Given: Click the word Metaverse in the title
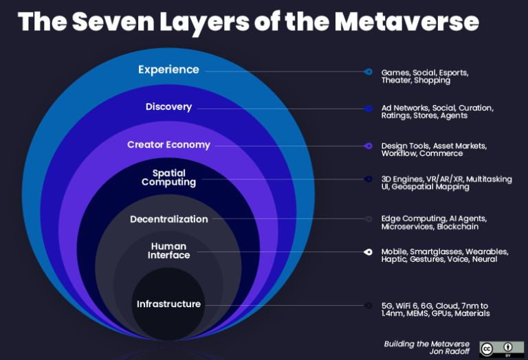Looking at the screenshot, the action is (406, 22).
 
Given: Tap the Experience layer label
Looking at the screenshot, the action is (168, 70).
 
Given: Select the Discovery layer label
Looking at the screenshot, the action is (168, 106).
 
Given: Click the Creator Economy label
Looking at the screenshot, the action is (168, 145).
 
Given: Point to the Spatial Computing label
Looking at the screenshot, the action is (168, 177).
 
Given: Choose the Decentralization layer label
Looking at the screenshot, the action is (169, 219).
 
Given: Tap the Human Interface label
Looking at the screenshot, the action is (168, 251).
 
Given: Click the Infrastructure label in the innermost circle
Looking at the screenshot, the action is (168, 304).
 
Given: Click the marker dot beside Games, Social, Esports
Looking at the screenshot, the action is (368, 71).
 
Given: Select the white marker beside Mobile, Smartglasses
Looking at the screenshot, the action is (368, 251).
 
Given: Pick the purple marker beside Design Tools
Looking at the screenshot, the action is (368, 146).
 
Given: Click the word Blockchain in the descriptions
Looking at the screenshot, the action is (458, 227).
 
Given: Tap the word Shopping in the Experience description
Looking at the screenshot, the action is (432, 80).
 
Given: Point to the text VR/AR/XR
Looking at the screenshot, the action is (445, 179).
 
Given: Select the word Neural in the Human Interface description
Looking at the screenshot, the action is (485, 259).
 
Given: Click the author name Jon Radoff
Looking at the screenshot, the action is (449, 351).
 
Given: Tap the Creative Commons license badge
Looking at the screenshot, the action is (502, 349).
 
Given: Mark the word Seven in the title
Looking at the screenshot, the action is (113, 22).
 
